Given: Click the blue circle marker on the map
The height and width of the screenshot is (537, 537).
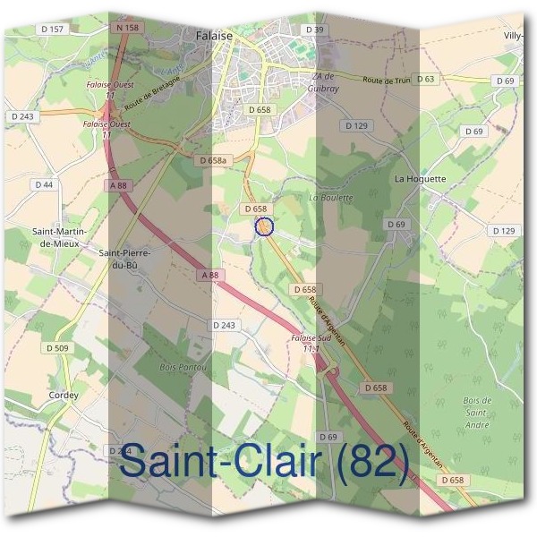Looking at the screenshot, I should [263, 226].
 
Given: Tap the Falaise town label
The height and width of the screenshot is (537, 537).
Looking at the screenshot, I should [213, 36].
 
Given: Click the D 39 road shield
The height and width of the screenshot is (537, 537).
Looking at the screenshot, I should [313, 30].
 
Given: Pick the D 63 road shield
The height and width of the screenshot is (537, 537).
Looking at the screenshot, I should [425, 79].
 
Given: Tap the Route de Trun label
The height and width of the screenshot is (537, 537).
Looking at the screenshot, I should [386, 81].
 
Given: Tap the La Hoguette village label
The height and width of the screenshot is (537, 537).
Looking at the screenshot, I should [420, 179].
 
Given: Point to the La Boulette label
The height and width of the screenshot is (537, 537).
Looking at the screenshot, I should [331, 197].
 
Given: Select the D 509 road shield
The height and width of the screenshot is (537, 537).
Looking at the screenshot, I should [57, 348].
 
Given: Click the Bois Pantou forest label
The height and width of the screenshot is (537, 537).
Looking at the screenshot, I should [183, 368].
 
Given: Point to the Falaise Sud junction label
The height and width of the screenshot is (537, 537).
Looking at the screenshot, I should [311, 343].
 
